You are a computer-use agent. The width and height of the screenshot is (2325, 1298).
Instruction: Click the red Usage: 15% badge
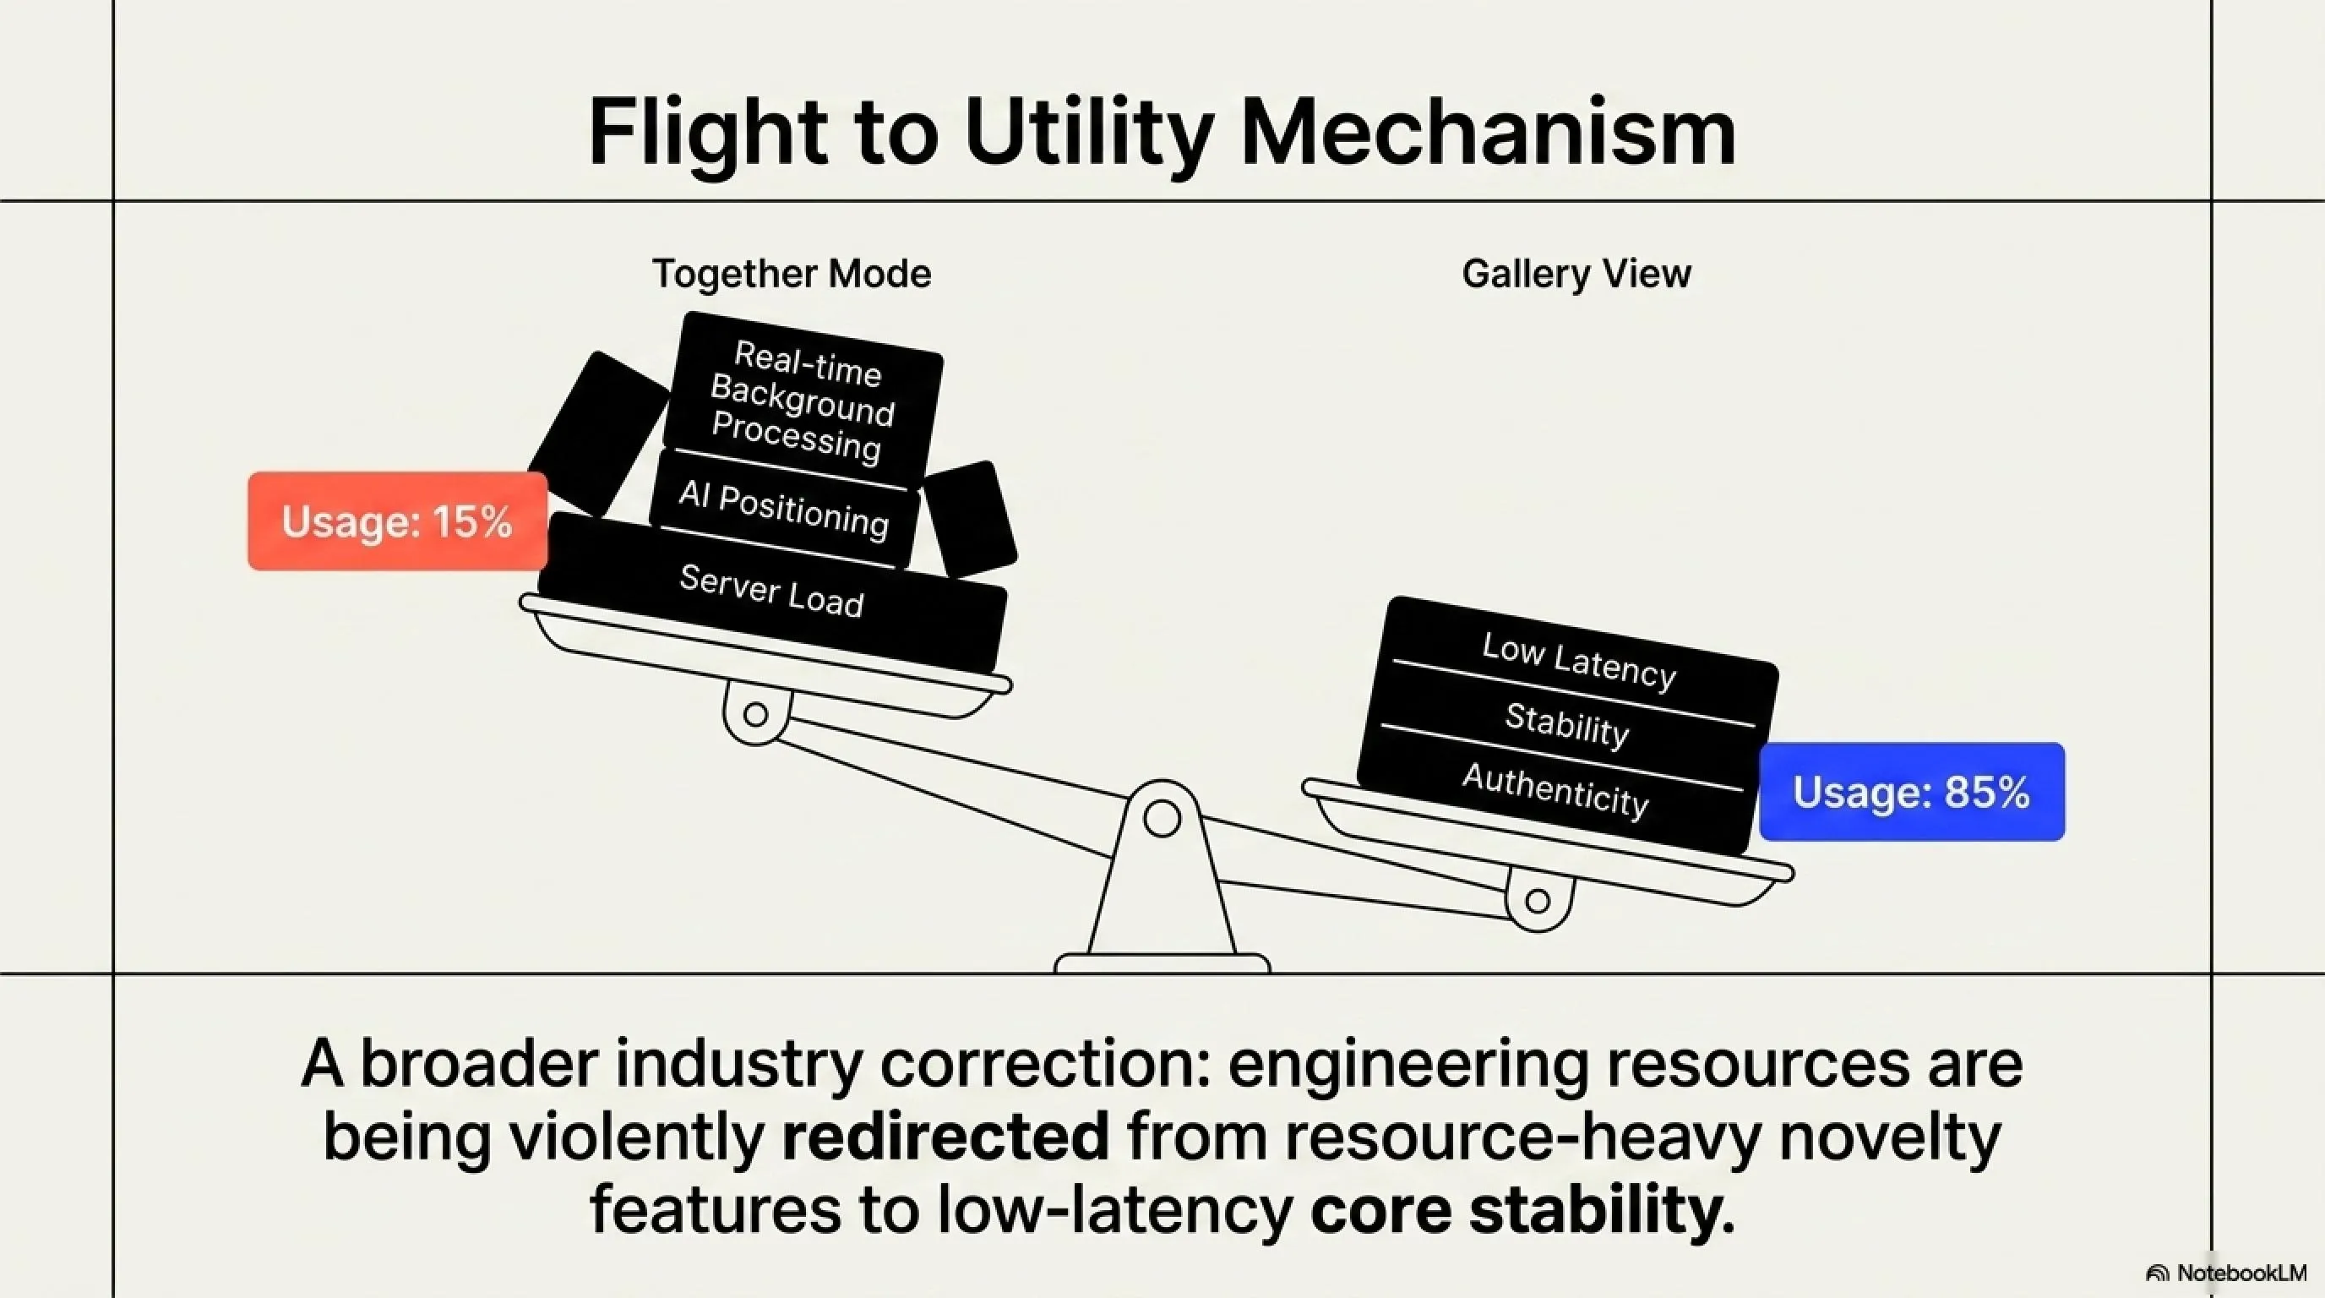tap(398, 521)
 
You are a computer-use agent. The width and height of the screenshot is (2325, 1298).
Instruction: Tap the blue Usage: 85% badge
tap(1912, 792)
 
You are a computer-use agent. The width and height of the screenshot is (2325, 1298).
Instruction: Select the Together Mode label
tap(792, 274)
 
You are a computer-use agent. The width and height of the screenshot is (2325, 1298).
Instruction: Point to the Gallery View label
tap(1576, 274)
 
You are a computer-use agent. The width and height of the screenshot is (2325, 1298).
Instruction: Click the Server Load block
tap(771, 592)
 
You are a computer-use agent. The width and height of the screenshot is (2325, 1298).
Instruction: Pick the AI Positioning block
tap(783, 508)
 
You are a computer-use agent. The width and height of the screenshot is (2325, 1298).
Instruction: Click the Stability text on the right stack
tap(1567, 725)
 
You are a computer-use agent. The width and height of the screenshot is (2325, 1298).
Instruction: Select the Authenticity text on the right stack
tap(1555, 789)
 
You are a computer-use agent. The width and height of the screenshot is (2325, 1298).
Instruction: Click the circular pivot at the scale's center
tap(1162, 819)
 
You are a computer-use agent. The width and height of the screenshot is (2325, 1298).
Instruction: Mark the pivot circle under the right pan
tap(1538, 901)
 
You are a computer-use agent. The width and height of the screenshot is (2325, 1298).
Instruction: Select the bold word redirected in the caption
tap(945, 1136)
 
